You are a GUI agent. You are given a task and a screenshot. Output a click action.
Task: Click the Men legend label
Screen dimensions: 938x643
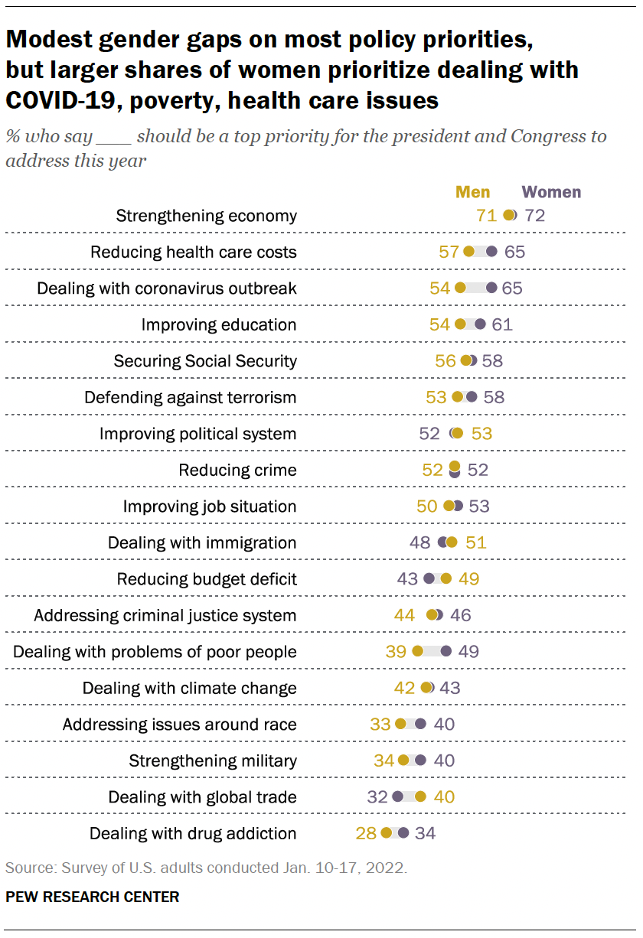coord(472,192)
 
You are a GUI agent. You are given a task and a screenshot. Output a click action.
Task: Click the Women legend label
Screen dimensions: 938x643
coord(551,192)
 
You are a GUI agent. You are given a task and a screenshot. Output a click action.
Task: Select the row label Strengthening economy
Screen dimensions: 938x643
coord(206,216)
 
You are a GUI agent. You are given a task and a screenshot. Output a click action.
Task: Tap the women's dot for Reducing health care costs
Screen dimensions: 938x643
coord(491,252)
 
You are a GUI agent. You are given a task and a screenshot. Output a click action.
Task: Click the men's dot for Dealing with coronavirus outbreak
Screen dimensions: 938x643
coord(460,288)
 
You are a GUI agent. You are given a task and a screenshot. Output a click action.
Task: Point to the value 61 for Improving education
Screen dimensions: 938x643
coord(502,324)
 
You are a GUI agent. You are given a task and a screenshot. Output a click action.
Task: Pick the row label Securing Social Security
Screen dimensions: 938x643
coord(205,360)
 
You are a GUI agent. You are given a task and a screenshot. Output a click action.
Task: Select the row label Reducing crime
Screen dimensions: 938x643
coord(237,470)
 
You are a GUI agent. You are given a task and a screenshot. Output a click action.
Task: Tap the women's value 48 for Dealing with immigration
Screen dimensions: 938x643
coord(420,542)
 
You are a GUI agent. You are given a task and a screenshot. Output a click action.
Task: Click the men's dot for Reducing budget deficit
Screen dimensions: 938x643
coord(446,579)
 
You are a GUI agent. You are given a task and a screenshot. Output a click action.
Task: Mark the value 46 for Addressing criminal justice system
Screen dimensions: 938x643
coord(461,615)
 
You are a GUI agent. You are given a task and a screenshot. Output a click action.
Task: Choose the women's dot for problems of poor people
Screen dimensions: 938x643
coord(446,652)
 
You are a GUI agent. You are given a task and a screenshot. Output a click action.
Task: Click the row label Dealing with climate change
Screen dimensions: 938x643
coord(189,688)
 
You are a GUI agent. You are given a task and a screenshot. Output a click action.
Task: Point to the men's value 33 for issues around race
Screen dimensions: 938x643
coord(380,725)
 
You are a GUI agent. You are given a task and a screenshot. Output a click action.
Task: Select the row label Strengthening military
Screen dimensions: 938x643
coord(212,760)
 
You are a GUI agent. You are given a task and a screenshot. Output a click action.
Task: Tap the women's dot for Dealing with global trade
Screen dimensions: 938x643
coord(397,797)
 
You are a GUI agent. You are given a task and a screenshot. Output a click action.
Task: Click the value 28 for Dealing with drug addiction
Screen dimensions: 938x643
coord(366,833)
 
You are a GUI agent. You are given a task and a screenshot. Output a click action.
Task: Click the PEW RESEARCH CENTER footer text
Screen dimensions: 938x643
coord(93,897)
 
